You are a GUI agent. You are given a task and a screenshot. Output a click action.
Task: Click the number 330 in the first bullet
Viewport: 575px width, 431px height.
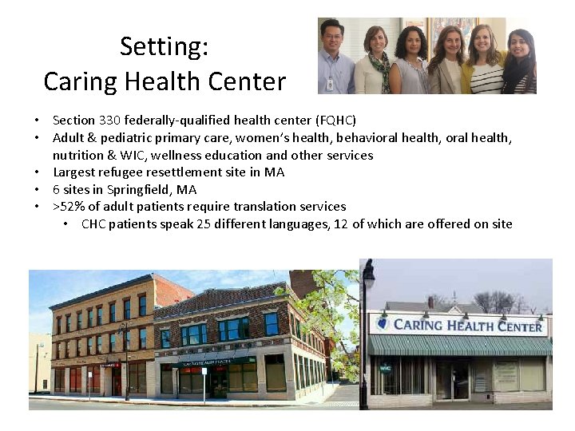[107, 121]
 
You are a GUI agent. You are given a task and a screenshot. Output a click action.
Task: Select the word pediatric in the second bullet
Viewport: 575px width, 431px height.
[116, 138]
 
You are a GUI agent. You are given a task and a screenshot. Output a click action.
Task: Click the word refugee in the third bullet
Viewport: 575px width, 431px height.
[121, 172]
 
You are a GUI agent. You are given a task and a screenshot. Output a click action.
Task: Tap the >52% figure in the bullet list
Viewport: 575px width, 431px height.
[67, 207]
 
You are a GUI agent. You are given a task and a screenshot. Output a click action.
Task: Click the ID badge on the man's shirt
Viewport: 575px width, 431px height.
[331, 83]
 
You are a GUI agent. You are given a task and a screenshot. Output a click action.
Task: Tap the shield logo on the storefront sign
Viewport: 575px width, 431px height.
[383, 324]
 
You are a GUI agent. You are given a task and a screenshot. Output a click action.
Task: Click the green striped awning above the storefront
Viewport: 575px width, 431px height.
[458, 345]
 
